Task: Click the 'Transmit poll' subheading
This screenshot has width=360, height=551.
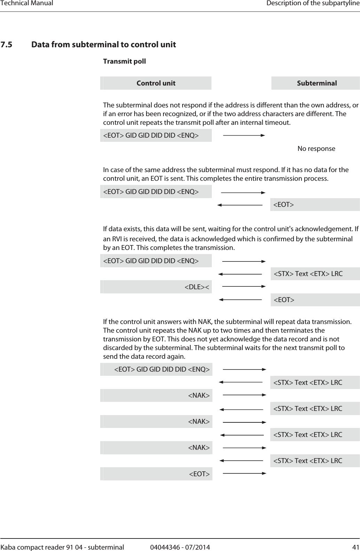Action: (124, 61)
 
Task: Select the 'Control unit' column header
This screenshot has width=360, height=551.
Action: (156, 83)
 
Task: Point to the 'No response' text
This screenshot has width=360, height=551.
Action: (316, 149)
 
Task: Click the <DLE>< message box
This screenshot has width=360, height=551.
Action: (156, 287)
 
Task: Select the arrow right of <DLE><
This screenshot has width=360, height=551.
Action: (244, 286)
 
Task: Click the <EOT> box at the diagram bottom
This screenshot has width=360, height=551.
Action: (156, 474)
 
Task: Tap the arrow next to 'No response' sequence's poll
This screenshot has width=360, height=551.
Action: (244, 135)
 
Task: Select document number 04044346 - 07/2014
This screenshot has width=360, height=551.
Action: (180, 547)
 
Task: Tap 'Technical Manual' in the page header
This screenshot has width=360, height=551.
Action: (27, 3)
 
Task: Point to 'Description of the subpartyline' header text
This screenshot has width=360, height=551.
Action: (313, 3)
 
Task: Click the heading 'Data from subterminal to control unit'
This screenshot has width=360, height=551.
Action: (104, 44)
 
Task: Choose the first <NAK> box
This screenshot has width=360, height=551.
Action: (156, 395)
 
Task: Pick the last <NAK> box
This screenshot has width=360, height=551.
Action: (156, 447)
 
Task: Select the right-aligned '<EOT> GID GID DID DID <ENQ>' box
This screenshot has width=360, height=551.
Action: (156, 369)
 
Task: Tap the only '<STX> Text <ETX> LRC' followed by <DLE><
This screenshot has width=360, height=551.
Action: (315, 274)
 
